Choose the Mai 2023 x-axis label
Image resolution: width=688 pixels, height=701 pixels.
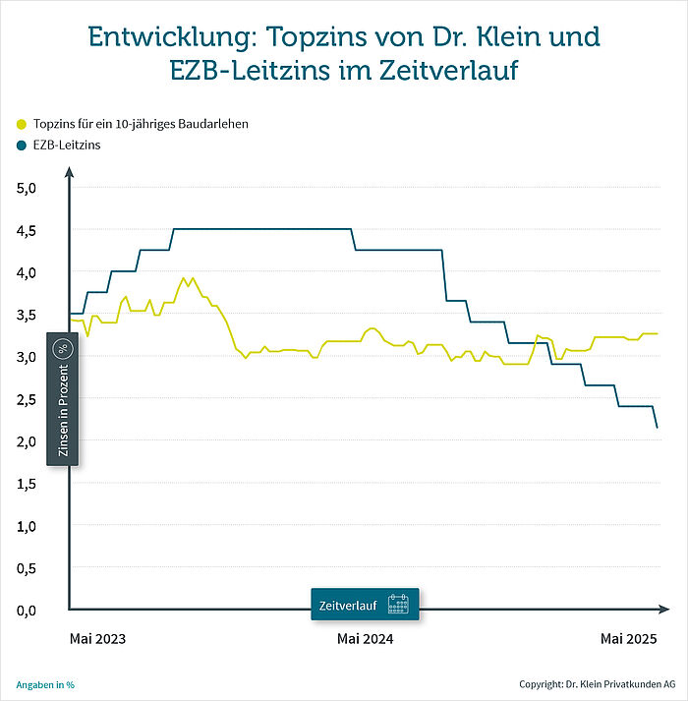pyautogui.click(x=98, y=639)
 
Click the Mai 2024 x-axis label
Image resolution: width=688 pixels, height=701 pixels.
pyautogui.click(x=366, y=639)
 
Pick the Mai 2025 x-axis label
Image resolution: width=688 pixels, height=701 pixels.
pyautogui.click(x=629, y=639)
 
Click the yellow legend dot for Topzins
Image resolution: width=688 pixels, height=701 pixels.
pyautogui.click(x=22, y=125)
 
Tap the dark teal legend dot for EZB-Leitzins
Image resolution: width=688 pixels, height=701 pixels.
pyautogui.click(x=22, y=146)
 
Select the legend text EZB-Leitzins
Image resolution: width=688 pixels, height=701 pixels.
pyautogui.click(x=67, y=146)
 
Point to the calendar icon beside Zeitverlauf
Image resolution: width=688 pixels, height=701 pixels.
pyautogui.click(x=398, y=604)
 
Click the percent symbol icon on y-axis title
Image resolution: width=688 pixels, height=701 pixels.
pyautogui.click(x=63, y=349)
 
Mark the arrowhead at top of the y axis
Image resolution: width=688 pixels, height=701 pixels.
pyautogui.click(x=69, y=173)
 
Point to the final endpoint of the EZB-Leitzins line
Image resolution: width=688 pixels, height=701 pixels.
pyautogui.click(x=657, y=427)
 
